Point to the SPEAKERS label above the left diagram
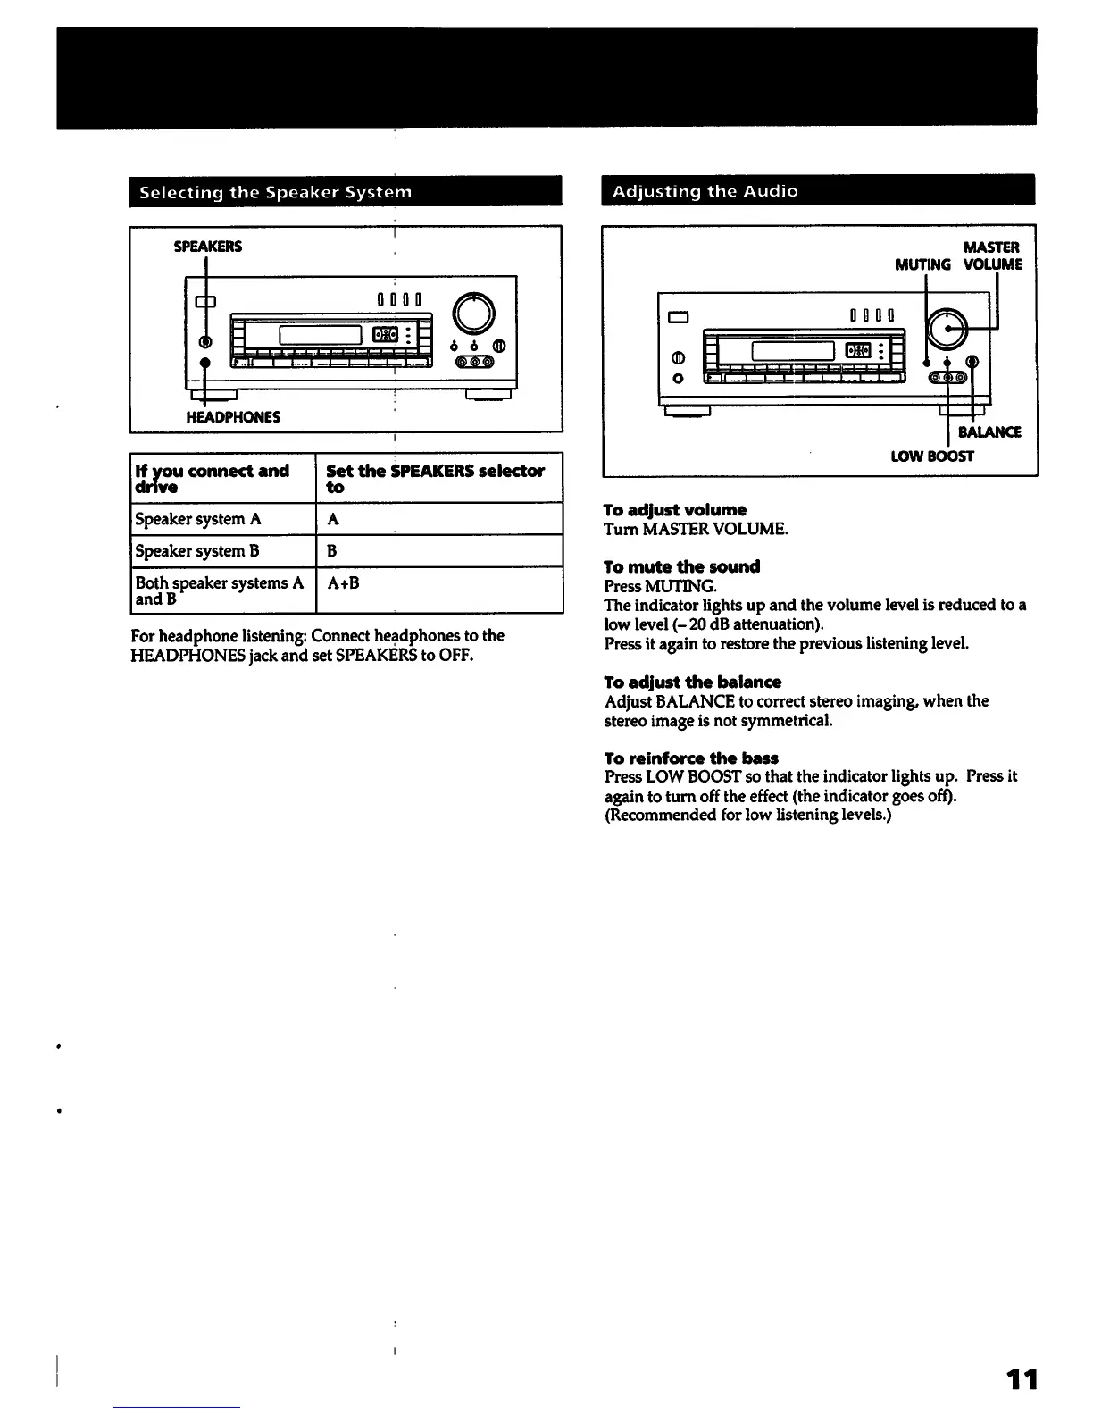coord(207,247)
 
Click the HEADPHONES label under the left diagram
coord(233,417)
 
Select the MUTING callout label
coord(922,264)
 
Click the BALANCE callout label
coord(989,432)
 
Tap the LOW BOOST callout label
coord(932,456)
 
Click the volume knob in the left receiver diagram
coord(474,314)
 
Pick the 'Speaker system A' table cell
coord(198,519)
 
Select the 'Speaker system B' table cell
coord(197,551)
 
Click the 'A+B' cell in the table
coord(343,583)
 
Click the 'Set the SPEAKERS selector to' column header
coord(436,478)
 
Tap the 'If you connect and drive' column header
coord(213,478)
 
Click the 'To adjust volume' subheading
coord(675,510)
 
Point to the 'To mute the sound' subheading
coord(681,566)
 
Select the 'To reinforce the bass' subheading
coord(691,758)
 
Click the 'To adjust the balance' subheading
coord(692,682)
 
